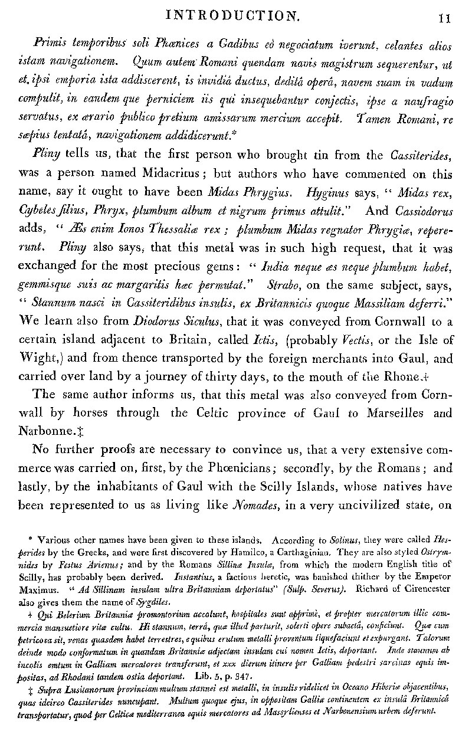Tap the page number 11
pyautogui.click(x=445, y=18)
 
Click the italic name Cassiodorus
pyautogui.click(x=422, y=209)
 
